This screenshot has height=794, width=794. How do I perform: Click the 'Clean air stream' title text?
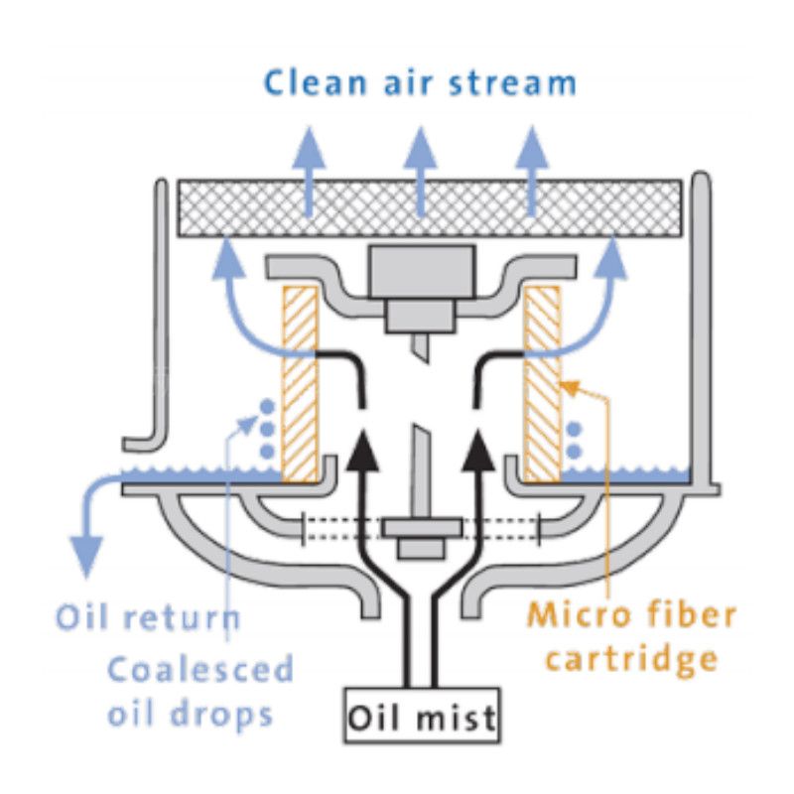pyautogui.click(x=420, y=81)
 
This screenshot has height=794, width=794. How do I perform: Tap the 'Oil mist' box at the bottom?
pyautogui.click(x=421, y=715)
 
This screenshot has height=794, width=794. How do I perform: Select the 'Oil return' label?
pyautogui.click(x=147, y=617)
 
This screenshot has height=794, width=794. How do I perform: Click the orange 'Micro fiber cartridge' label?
pyautogui.click(x=632, y=635)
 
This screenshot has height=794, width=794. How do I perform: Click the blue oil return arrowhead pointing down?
pyautogui.click(x=88, y=556)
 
